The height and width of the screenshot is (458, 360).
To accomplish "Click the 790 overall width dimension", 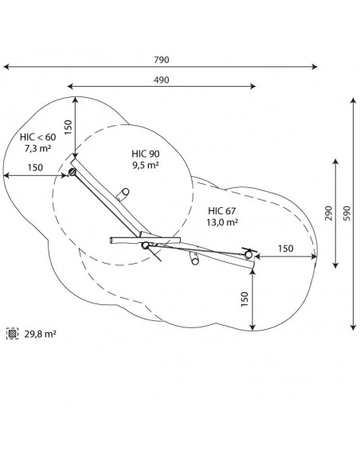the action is [162, 60].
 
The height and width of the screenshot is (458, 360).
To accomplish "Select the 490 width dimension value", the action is [162, 80].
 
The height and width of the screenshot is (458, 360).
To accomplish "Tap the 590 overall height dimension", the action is [346, 213].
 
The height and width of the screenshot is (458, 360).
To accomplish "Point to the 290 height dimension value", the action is [329, 213].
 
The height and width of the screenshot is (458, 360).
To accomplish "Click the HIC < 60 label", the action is [38, 137].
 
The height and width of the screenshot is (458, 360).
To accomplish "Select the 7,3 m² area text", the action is [38, 148].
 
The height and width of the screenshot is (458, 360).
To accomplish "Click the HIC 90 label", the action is [146, 154].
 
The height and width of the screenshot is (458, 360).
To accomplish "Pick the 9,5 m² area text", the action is [146, 165].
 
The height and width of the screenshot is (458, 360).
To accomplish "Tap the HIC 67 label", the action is [222, 210].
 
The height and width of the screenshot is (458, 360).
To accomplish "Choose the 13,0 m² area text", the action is [222, 222].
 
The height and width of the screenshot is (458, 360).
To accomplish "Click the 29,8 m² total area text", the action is [40, 334].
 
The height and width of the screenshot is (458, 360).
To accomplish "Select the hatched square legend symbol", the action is [12, 333].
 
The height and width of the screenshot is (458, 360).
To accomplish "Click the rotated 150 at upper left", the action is [68, 127].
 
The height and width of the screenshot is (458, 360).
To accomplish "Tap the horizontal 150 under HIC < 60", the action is [35, 167].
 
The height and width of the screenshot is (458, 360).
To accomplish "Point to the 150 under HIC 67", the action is [286, 249].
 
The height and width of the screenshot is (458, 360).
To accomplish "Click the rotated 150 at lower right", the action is [245, 299].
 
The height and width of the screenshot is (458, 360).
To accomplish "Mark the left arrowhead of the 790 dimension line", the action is [6, 67].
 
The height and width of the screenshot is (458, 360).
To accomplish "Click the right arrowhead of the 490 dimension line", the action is [252, 86].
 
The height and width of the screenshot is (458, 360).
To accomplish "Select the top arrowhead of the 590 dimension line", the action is [354, 101].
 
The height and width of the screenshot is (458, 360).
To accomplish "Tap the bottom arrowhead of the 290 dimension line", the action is [335, 265].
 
